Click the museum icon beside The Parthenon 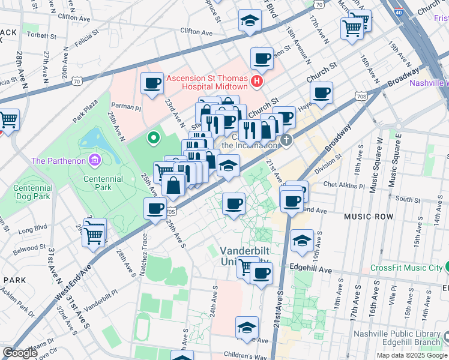(95, 160)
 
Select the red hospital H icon (257, 82)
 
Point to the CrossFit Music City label (406, 268)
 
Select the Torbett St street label (41, 35)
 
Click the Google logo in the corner (20, 353)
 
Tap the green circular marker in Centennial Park (154, 138)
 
